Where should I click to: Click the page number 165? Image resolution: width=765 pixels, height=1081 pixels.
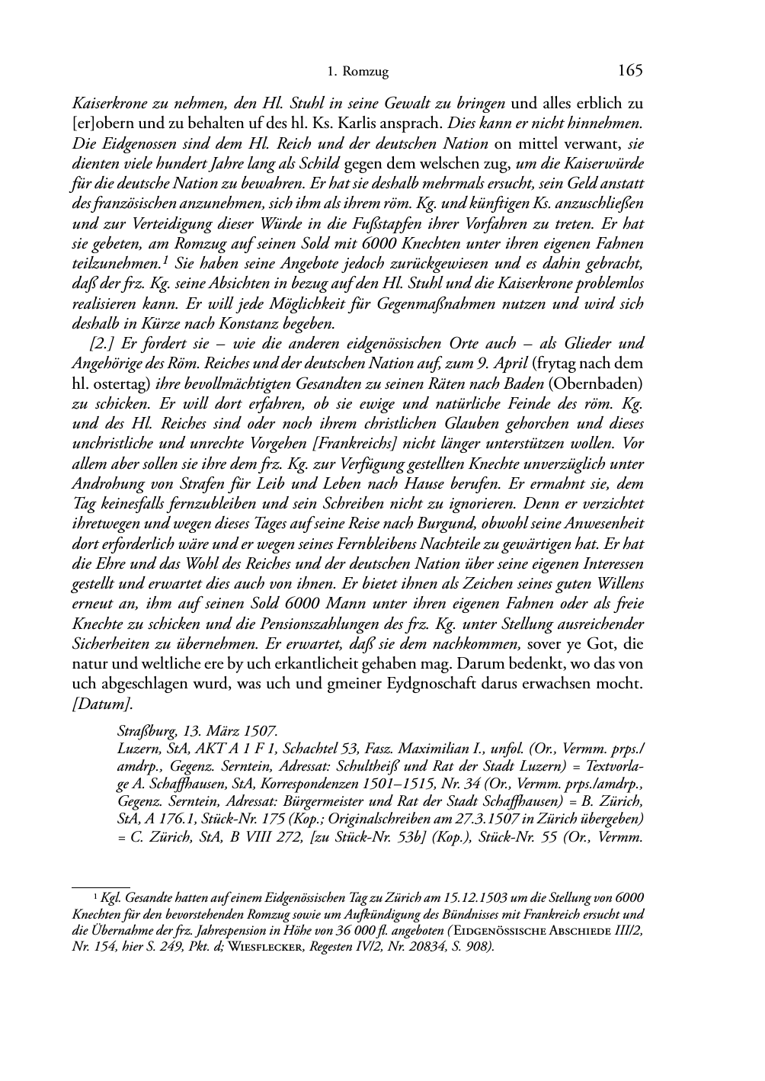(631, 71)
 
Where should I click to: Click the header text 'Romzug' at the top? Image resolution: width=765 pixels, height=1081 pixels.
(366, 72)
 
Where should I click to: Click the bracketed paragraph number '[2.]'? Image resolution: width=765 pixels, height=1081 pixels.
(104, 343)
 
